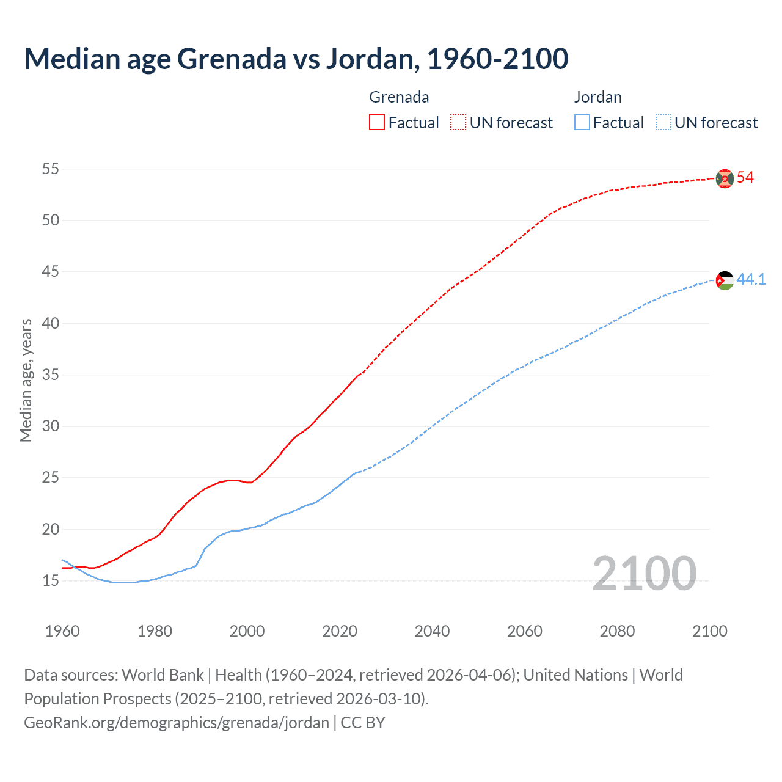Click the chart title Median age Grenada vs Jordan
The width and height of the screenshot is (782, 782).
(296, 59)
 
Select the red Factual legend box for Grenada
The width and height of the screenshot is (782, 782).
(377, 123)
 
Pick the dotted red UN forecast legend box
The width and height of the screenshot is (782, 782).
(458, 123)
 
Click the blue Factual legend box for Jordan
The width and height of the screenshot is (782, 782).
(582, 123)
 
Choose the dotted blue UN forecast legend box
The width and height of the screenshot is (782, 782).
(663, 123)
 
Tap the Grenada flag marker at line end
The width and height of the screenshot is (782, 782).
(725, 178)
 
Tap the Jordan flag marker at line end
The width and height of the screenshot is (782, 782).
(725, 280)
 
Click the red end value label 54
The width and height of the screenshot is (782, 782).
(745, 178)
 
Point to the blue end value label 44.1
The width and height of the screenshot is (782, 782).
(751, 280)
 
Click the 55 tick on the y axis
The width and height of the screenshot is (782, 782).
(51, 169)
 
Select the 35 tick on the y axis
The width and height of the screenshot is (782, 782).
(51, 375)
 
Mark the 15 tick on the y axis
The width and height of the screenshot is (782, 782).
(51, 580)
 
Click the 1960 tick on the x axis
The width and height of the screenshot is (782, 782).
(62, 631)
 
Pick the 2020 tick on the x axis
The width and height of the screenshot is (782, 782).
(340, 631)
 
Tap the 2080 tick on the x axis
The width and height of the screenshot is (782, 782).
(617, 631)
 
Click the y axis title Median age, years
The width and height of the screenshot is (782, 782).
(26, 380)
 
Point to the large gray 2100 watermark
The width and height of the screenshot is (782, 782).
(644, 574)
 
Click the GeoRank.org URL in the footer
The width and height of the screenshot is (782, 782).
(177, 723)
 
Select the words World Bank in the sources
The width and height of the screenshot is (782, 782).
(163, 675)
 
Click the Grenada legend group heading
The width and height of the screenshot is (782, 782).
(399, 97)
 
